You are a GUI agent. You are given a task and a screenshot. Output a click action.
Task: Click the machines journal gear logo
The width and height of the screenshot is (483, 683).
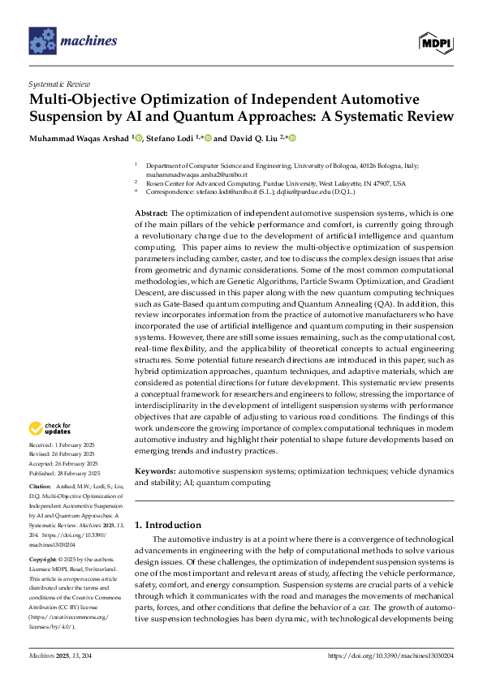pos(41,41)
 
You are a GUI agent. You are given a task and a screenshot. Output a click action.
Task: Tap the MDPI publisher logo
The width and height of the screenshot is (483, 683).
pos(435,41)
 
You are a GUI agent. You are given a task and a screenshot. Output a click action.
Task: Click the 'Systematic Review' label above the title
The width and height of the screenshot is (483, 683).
pos(60,84)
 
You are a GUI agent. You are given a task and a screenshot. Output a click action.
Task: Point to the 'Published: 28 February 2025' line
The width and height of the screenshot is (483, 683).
pos(64,472)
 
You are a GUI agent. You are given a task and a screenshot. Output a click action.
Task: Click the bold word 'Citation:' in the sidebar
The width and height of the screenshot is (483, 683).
pos(41,488)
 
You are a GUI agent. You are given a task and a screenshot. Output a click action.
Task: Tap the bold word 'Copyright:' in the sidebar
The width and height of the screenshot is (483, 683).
pos(44,561)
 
